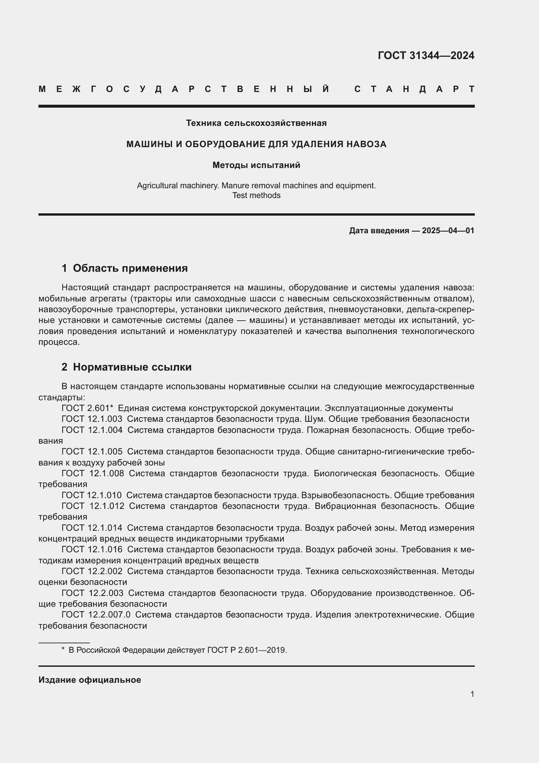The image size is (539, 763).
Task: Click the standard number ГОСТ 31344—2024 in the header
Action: point(426,55)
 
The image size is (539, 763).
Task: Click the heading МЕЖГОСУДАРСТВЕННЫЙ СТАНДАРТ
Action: point(256,89)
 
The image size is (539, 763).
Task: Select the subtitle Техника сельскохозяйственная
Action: point(256,123)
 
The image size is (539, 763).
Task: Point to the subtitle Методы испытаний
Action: point(256,165)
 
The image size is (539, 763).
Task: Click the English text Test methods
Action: point(256,195)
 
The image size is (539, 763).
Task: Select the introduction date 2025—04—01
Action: point(448,231)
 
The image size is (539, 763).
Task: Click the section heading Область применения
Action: point(130,268)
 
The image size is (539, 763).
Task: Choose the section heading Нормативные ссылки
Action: point(132,367)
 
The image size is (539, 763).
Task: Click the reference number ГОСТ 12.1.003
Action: point(92,419)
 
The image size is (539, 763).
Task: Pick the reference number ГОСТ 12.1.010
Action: point(92,495)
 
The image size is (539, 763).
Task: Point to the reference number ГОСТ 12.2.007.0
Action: point(96,615)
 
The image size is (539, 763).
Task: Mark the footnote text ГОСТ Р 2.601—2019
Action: point(247,650)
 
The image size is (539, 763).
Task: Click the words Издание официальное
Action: point(90,680)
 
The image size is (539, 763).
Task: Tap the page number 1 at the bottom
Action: point(472,694)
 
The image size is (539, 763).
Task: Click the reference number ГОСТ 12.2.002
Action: point(92,571)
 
